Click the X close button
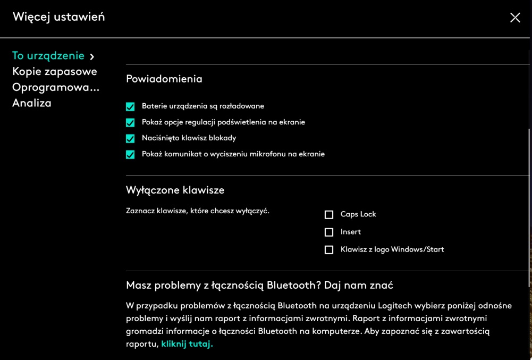pos(515,18)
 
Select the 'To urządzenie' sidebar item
pos(48,56)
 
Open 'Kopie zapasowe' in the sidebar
pos(55,71)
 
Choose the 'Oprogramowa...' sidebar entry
pos(56,87)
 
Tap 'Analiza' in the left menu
pos(32,103)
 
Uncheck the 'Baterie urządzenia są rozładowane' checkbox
pos(130,107)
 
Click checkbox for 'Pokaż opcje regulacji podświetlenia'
pos(130,123)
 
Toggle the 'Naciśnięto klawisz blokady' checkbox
pos(130,139)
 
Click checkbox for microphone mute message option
pos(130,155)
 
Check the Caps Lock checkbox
pos(329,215)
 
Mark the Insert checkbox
pos(329,232)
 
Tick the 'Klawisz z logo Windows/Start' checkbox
pos(329,250)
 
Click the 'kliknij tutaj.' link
pos(187,344)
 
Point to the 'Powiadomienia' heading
pos(164,79)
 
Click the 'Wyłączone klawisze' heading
pos(175,190)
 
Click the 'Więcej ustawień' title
pos(59,17)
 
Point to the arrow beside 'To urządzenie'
pos(92,56)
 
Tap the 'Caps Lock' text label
pos(358,214)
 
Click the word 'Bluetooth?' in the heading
pos(294,286)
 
